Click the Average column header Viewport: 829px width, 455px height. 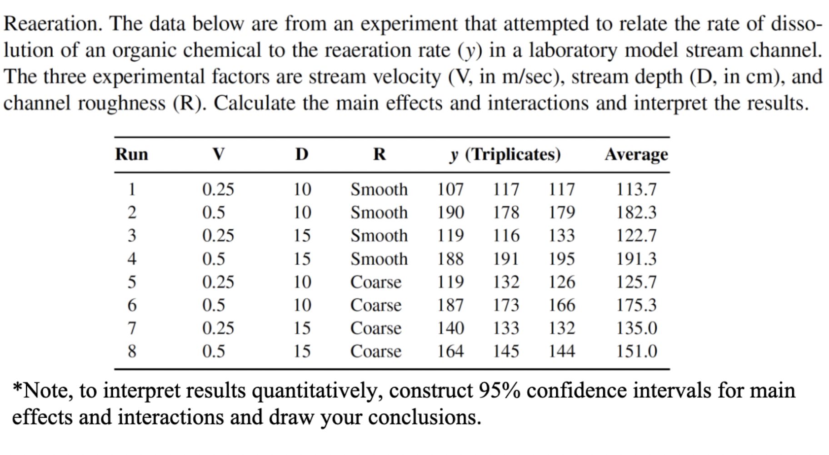click(x=636, y=155)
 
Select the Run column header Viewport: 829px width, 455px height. click(x=131, y=154)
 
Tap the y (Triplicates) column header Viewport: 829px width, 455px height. click(x=505, y=155)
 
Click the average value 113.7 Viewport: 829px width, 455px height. click(x=636, y=189)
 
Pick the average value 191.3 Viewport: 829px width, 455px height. click(x=636, y=259)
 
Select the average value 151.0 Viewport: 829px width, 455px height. click(x=636, y=351)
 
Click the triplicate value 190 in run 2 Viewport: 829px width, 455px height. click(x=450, y=213)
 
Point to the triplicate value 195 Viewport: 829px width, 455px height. click(x=561, y=259)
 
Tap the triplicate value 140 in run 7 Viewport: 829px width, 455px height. click(x=450, y=328)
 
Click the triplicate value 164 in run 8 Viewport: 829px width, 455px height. click(x=450, y=351)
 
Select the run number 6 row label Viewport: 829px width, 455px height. click(x=131, y=305)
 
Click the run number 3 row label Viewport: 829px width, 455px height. click(x=131, y=236)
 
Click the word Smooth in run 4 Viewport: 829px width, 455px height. click(x=379, y=259)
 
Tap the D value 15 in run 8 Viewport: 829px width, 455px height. click(x=302, y=351)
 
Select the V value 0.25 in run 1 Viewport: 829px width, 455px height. click(x=218, y=189)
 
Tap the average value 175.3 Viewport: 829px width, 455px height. click(x=636, y=305)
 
